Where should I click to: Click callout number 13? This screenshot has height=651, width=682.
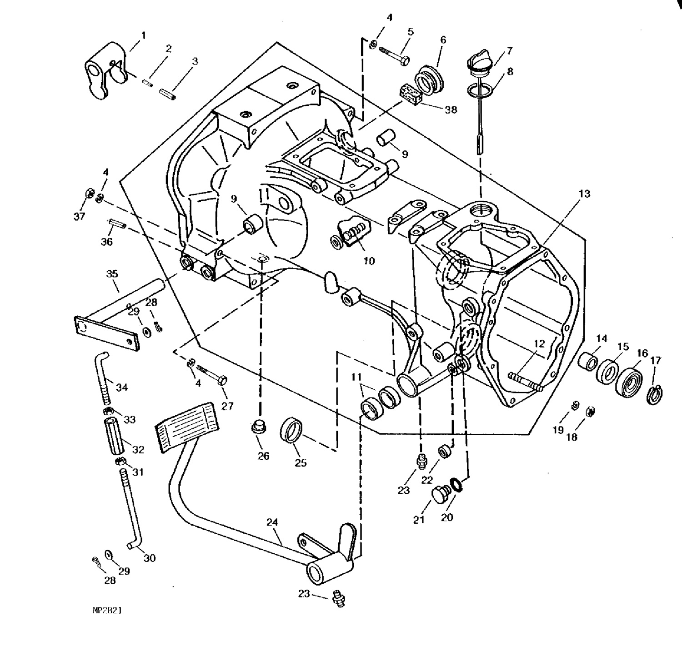(584, 194)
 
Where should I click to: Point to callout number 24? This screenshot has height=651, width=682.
(272, 523)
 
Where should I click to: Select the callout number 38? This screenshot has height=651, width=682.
(451, 109)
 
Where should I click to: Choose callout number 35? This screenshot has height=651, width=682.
(112, 273)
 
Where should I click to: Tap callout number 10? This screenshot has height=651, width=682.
(369, 261)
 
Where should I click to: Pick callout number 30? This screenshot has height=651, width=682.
(150, 558)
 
